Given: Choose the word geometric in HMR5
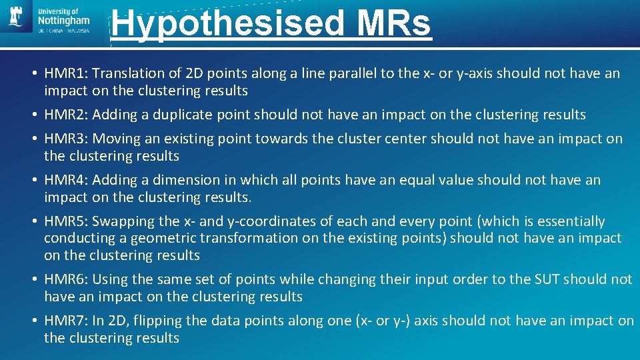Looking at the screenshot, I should coord(160,238).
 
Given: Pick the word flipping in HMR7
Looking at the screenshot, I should coord(158,321).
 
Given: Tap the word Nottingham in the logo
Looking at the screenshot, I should coord(64,21).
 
